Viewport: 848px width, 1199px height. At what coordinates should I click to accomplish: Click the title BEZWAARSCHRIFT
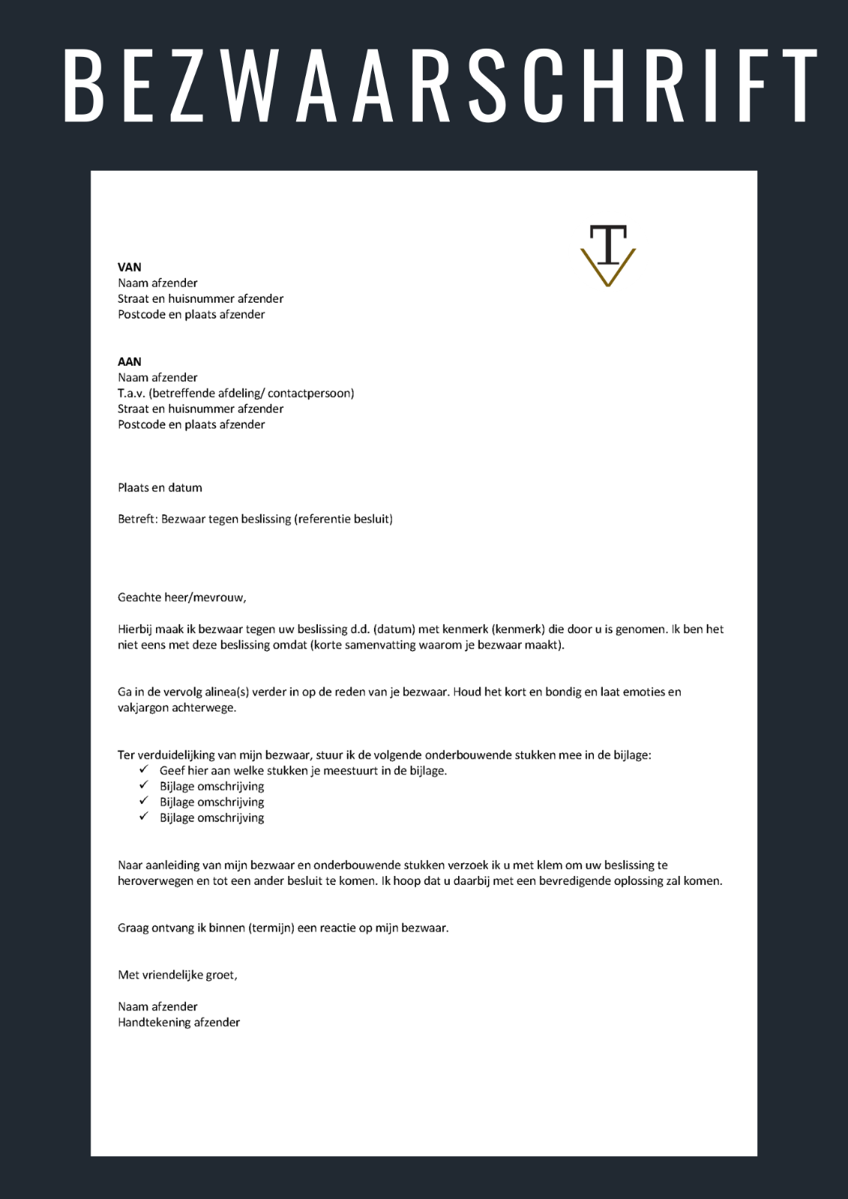(440, 85)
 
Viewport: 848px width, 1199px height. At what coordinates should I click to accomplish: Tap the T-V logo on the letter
(608, 256)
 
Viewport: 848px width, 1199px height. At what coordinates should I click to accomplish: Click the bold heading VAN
(130, 267)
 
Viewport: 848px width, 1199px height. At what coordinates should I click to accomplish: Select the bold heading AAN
(130, 361)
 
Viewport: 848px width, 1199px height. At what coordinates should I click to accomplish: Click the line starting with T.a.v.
(235, 393)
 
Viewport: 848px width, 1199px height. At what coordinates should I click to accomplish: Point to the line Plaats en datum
(160, 487)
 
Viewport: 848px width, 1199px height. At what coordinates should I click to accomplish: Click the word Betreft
(137, 519)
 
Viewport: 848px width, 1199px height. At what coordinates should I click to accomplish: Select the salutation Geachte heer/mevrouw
(181, 597)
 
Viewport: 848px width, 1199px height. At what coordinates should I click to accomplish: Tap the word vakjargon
(143, 707)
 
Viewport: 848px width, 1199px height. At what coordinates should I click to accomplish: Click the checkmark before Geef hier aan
(144, 770)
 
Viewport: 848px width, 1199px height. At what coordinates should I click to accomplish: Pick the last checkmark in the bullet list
(144, 817)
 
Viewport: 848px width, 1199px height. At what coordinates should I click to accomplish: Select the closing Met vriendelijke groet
(177, 975)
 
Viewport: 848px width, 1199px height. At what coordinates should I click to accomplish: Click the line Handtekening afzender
(178, 1022)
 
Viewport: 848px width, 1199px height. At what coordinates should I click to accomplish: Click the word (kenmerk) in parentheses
(518, 629)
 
